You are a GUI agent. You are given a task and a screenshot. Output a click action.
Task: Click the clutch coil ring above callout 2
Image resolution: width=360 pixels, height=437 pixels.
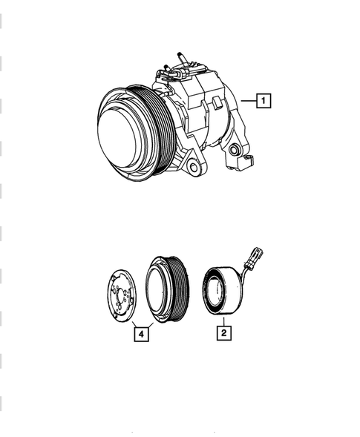tap(223, 289)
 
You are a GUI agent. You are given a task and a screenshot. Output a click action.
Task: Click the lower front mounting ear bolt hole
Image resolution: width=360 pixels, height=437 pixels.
tap(194, 167)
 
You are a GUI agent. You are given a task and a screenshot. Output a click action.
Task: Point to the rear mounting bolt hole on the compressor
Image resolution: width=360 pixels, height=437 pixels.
tap(236, 151)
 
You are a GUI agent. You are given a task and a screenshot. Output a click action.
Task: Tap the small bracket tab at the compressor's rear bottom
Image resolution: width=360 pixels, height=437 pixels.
tap(248, 162)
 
